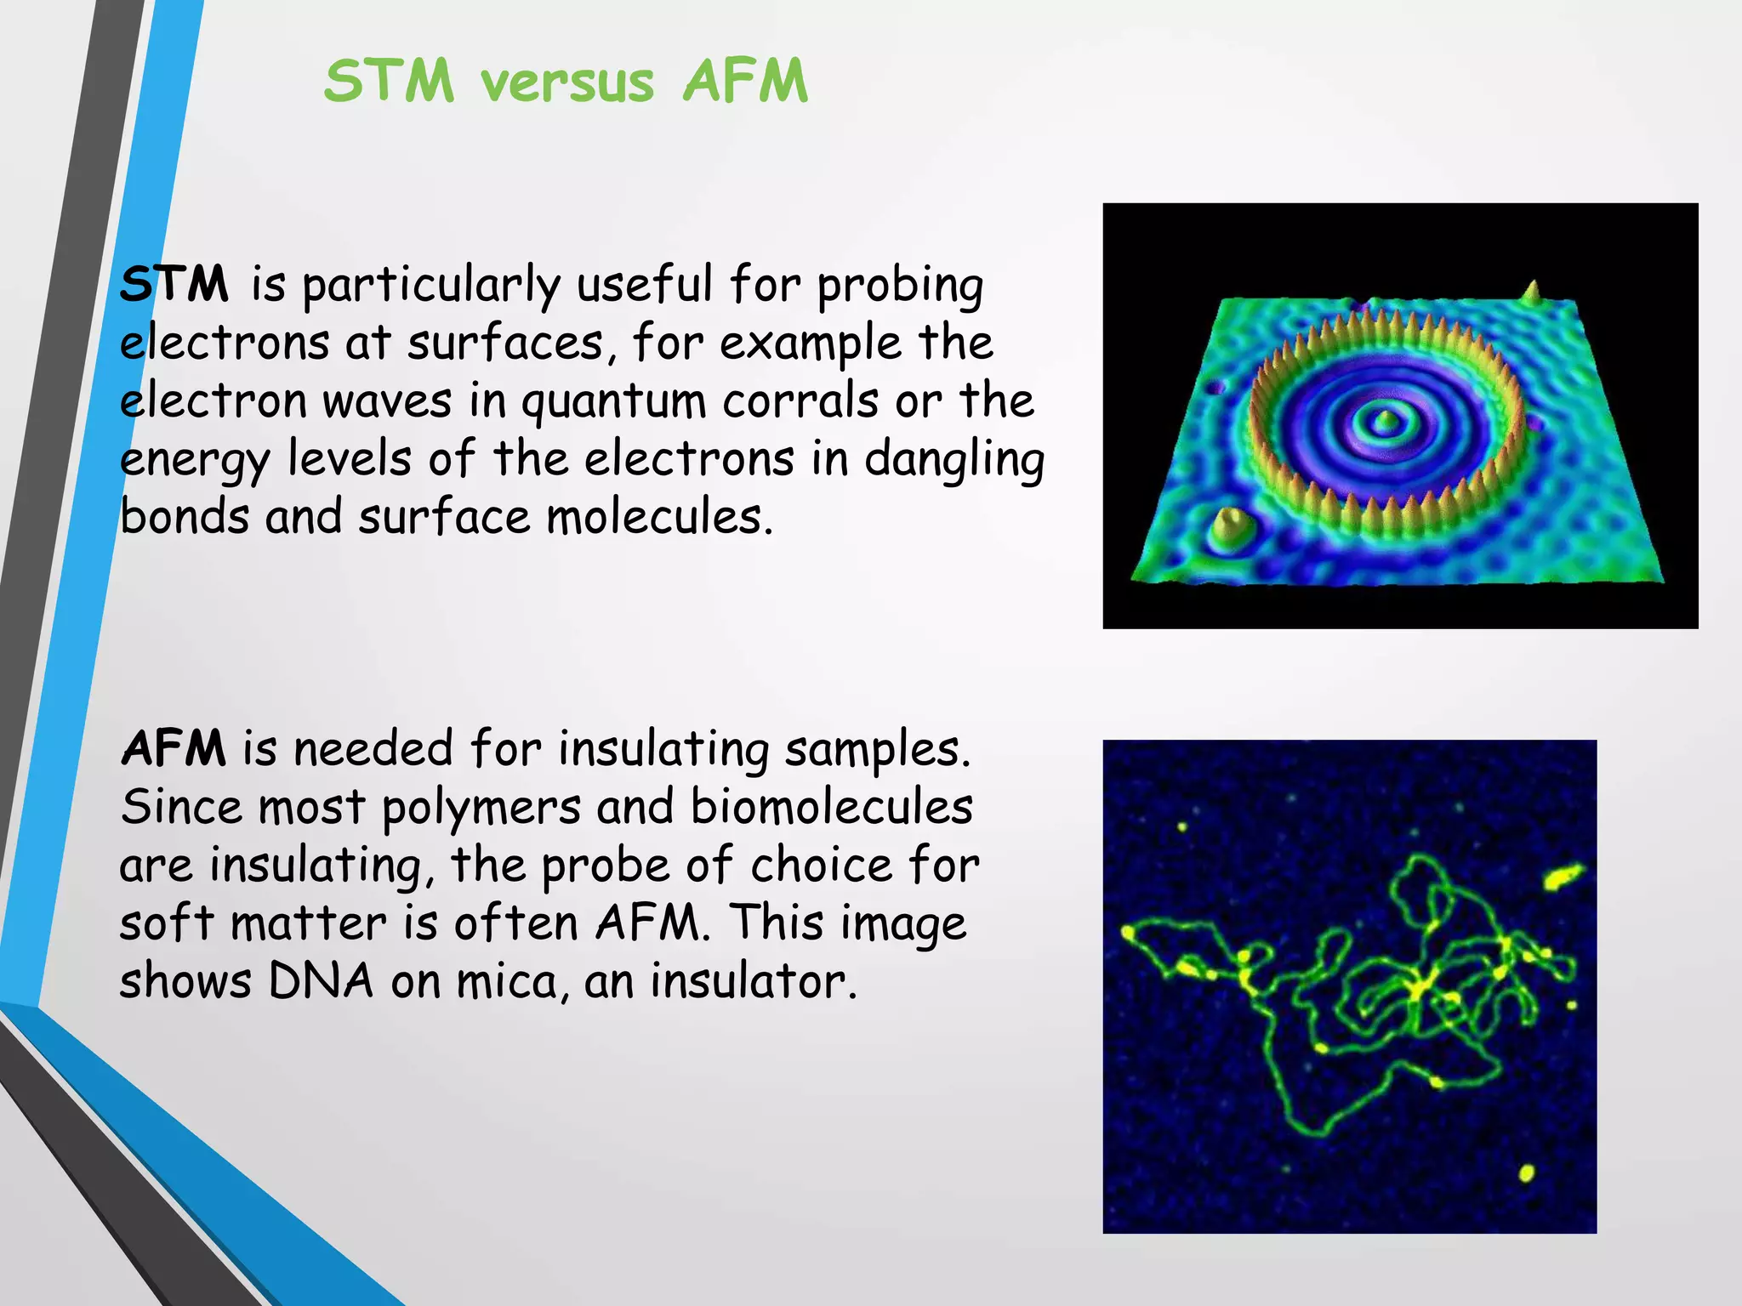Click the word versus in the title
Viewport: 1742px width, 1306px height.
coord(567,82)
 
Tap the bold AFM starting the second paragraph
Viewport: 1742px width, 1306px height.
coord(173,748)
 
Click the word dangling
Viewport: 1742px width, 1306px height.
coord(954,460)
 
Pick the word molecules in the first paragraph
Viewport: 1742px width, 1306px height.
coord(658,517)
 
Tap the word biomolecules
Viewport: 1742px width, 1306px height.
coord(831,806)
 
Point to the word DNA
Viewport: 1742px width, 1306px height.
coord(322,980)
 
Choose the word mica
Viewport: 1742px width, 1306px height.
coord(508,980)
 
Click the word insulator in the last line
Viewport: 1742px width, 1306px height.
coord(753,980)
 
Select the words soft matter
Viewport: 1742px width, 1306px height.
coord(253,923)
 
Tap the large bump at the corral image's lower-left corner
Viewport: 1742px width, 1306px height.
coord(1229,527)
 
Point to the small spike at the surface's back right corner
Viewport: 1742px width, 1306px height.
coord(1533,292)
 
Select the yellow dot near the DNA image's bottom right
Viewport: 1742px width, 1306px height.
coord(1526,1173)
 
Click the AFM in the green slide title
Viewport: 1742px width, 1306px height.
coord(745,82)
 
